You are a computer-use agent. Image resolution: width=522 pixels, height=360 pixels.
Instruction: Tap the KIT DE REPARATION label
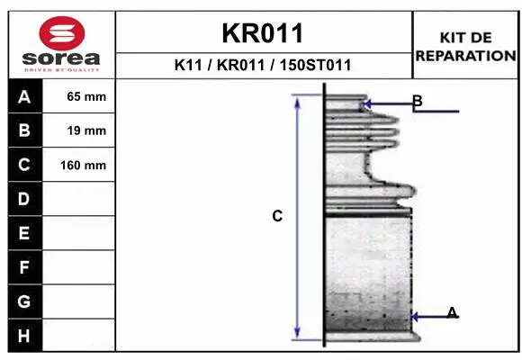coord(465,46)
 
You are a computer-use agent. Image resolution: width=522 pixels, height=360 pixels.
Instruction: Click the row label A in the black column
coord(24,97)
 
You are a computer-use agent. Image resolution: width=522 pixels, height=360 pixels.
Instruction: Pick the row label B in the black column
coord(24,130)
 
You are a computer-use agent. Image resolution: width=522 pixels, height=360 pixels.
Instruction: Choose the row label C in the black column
coord(24,165)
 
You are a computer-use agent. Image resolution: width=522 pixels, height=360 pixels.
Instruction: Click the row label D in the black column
coord(24,199)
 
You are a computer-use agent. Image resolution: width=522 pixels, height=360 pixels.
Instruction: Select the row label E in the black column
coord(24,233)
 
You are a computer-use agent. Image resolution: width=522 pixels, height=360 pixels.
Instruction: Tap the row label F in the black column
coord(24,267)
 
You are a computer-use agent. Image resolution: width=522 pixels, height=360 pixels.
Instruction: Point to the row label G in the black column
coord(24,301)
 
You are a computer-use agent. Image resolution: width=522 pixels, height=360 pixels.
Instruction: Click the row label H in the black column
coord(24,335)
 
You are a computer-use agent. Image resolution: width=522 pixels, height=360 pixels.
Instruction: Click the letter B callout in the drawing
coord(418,100)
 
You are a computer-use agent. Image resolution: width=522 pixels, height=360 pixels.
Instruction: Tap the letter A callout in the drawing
coord(453,312)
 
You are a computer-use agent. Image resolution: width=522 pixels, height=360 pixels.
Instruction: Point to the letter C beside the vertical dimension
coord(277,216)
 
